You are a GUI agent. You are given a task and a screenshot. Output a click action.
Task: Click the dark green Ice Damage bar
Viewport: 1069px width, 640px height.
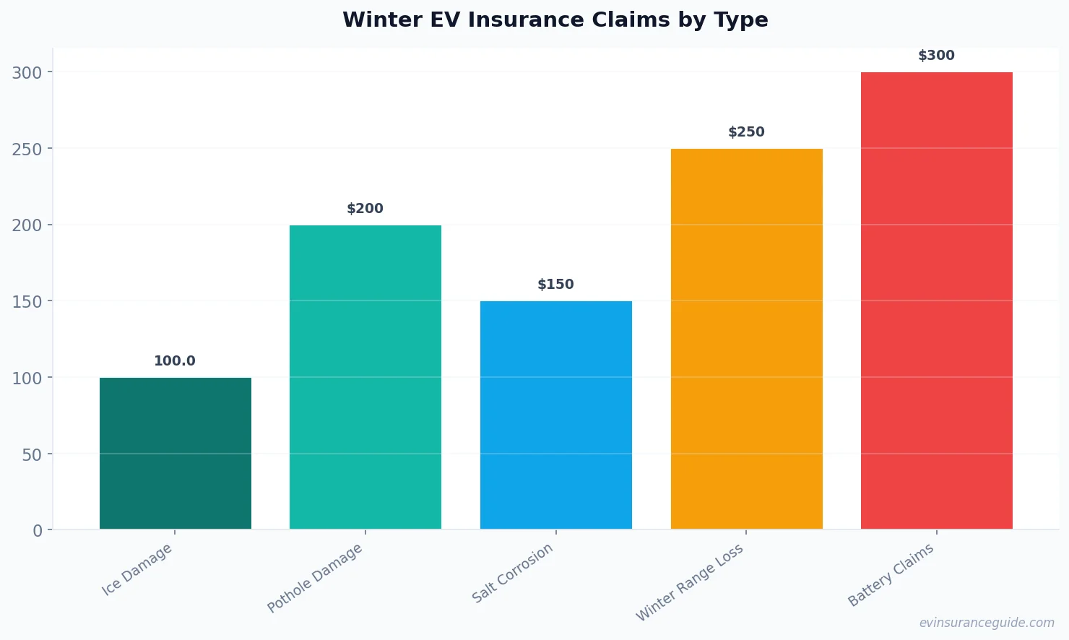point(176,453)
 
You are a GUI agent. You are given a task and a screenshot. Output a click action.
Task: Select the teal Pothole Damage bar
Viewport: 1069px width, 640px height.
point(365,376)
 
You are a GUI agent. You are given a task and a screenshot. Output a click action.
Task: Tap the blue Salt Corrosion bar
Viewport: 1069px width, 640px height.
point(556,415)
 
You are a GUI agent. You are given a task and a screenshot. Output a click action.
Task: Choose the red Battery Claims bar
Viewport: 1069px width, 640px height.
point(937,300)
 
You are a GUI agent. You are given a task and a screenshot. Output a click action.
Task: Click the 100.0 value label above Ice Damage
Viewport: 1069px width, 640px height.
point(175,361)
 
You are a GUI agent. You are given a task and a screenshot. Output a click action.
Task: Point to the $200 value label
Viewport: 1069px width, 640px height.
point(365,209)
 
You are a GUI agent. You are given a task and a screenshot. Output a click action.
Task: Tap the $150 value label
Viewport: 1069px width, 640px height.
point(555,285)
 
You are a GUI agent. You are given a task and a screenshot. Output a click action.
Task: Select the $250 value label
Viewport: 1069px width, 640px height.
point(746,132)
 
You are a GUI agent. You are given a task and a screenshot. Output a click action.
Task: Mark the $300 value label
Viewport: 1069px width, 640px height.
point(936,56)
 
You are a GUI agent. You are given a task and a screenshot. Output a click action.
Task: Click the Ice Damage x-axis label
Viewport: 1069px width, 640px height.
point(137,569)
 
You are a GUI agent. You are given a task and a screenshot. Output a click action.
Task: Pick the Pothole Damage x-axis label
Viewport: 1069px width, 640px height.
point(315,578)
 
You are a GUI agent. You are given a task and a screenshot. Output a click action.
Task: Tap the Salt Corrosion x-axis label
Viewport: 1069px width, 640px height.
point(512,573)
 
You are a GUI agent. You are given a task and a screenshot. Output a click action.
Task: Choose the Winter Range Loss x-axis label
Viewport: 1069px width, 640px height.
point(689,583)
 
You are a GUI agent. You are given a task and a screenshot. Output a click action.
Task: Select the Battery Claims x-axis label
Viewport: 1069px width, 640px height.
point(891,575)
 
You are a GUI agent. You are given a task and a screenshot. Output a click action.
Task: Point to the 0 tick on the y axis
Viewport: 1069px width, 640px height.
point(38,531)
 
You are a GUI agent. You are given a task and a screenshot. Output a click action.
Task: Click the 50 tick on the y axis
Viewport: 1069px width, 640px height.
point(33,454)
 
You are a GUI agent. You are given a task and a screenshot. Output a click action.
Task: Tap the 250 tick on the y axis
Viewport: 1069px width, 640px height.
point(27,149)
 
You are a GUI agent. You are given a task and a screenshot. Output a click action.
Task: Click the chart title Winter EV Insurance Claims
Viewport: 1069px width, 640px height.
point(555,20)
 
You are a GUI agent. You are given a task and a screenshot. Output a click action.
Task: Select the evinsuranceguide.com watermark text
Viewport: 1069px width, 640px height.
point(987,623)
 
